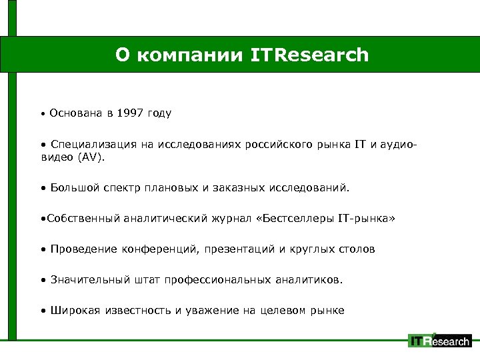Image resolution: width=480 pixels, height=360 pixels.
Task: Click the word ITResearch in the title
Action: pos(309,55)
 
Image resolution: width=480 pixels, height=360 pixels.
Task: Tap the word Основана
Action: pos(75,113)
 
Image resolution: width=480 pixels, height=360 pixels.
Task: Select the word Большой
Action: pos(75,188)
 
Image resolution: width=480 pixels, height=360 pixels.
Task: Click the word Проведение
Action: pos(84,249)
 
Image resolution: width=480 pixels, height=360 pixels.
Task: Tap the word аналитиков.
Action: pos(308,279)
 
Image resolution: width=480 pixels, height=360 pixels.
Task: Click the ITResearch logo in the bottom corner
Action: pos(439,341)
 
